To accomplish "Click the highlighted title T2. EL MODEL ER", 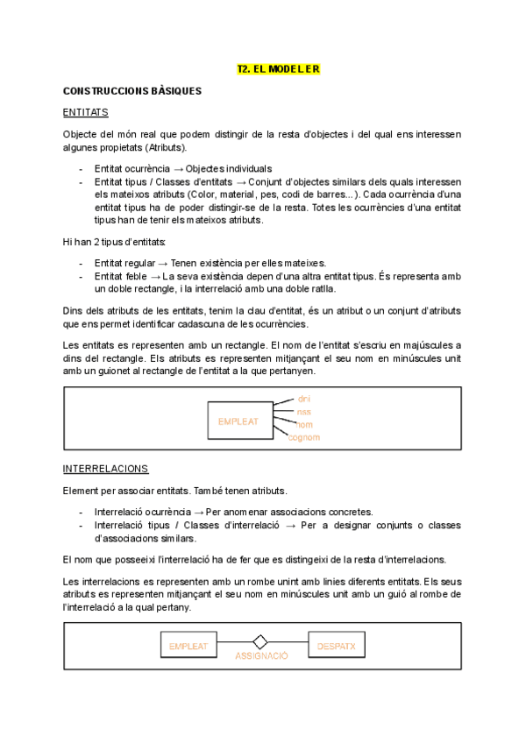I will point(279,68).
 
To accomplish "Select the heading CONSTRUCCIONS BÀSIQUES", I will point(132,90).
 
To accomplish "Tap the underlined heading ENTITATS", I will point(85,112).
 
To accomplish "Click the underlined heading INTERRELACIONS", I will point(106,469).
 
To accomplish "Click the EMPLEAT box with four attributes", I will point(238,421).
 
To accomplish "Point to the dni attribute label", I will point(304,399).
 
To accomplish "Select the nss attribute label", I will point(304,411).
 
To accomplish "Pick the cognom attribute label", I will point(304,436).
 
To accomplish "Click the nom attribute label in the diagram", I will point(304,424).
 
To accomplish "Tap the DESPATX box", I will point(336,647).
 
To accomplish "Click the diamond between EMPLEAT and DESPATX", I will point(259,641).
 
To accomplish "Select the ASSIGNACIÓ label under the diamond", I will point(260,655).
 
